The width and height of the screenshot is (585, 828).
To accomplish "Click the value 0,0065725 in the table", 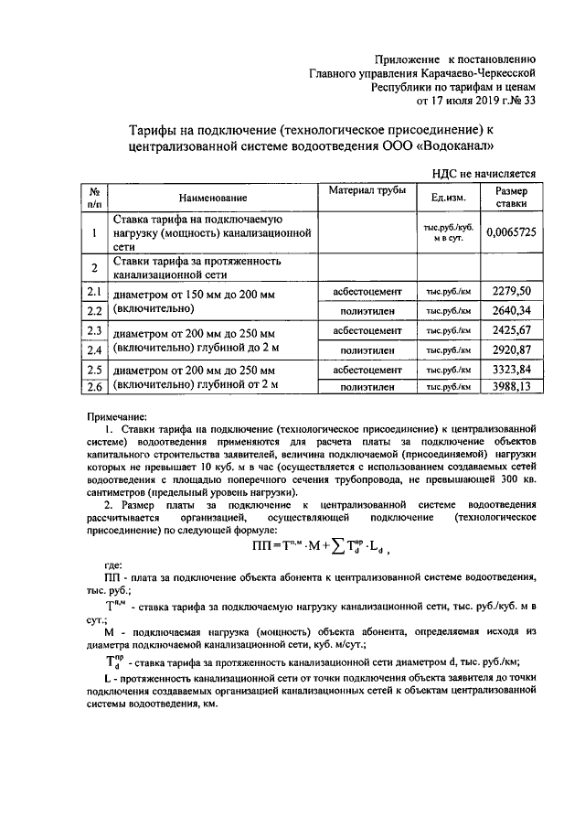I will pos(511,232).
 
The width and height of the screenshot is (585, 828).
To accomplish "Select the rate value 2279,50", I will pos(511,291).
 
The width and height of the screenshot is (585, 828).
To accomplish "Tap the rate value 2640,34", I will pos(511,311).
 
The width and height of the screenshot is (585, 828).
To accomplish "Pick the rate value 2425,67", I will pos(511,330).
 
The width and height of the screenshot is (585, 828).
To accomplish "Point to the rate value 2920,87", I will pos(511,349).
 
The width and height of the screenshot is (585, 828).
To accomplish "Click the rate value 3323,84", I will pos(511,370).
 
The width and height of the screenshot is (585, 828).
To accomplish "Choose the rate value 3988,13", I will pos(511,387).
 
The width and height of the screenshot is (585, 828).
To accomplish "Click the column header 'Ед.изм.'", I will pos(448,198).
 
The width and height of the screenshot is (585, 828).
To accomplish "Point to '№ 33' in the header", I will pos(521,101).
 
